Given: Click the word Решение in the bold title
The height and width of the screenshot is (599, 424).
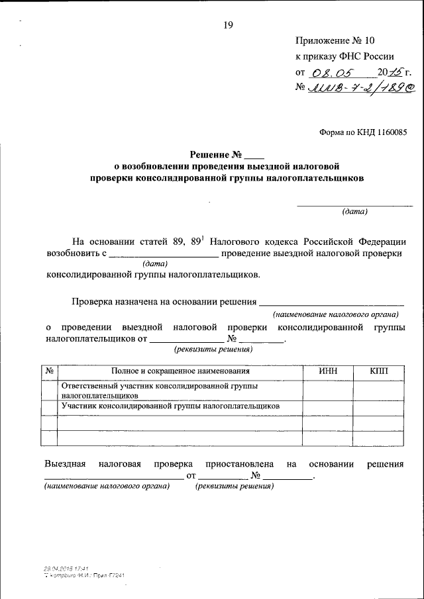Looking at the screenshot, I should [199, 154].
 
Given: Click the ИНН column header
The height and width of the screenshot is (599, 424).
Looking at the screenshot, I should [328, 372].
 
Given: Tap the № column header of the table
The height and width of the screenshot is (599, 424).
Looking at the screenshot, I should [49, 372].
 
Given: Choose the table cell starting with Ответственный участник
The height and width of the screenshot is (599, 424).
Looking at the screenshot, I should [159, 391].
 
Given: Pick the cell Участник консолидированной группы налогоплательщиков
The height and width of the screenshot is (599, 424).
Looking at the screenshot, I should [170, 406].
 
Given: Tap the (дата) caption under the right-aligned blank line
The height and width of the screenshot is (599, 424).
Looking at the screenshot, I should [354, 212].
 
